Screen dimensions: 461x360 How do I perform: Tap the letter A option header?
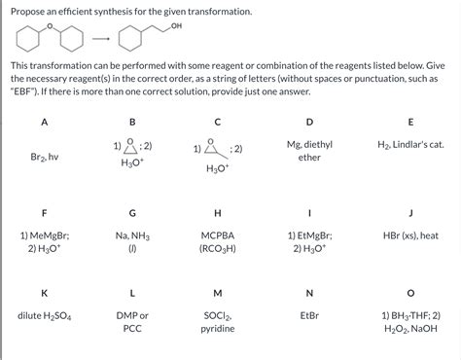(45, 122)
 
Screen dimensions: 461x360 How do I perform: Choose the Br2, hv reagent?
(45, 156)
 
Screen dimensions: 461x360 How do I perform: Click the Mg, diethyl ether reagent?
(309, 150)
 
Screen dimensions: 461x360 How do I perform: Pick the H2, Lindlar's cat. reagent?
(410, 144)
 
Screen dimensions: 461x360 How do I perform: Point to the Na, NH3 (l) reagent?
(132, 241)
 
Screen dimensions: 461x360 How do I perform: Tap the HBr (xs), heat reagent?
(410, 235)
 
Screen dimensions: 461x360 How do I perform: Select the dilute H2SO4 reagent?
(45, 316)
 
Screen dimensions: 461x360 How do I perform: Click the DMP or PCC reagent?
(132, 322)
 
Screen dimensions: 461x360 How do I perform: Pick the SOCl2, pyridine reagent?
(218, 322)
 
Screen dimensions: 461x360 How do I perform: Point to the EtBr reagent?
(309, 316)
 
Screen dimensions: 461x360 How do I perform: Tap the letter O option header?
(410, 293)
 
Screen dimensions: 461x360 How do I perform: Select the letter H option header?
(218, 211)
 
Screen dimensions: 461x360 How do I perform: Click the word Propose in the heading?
(29, 11)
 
